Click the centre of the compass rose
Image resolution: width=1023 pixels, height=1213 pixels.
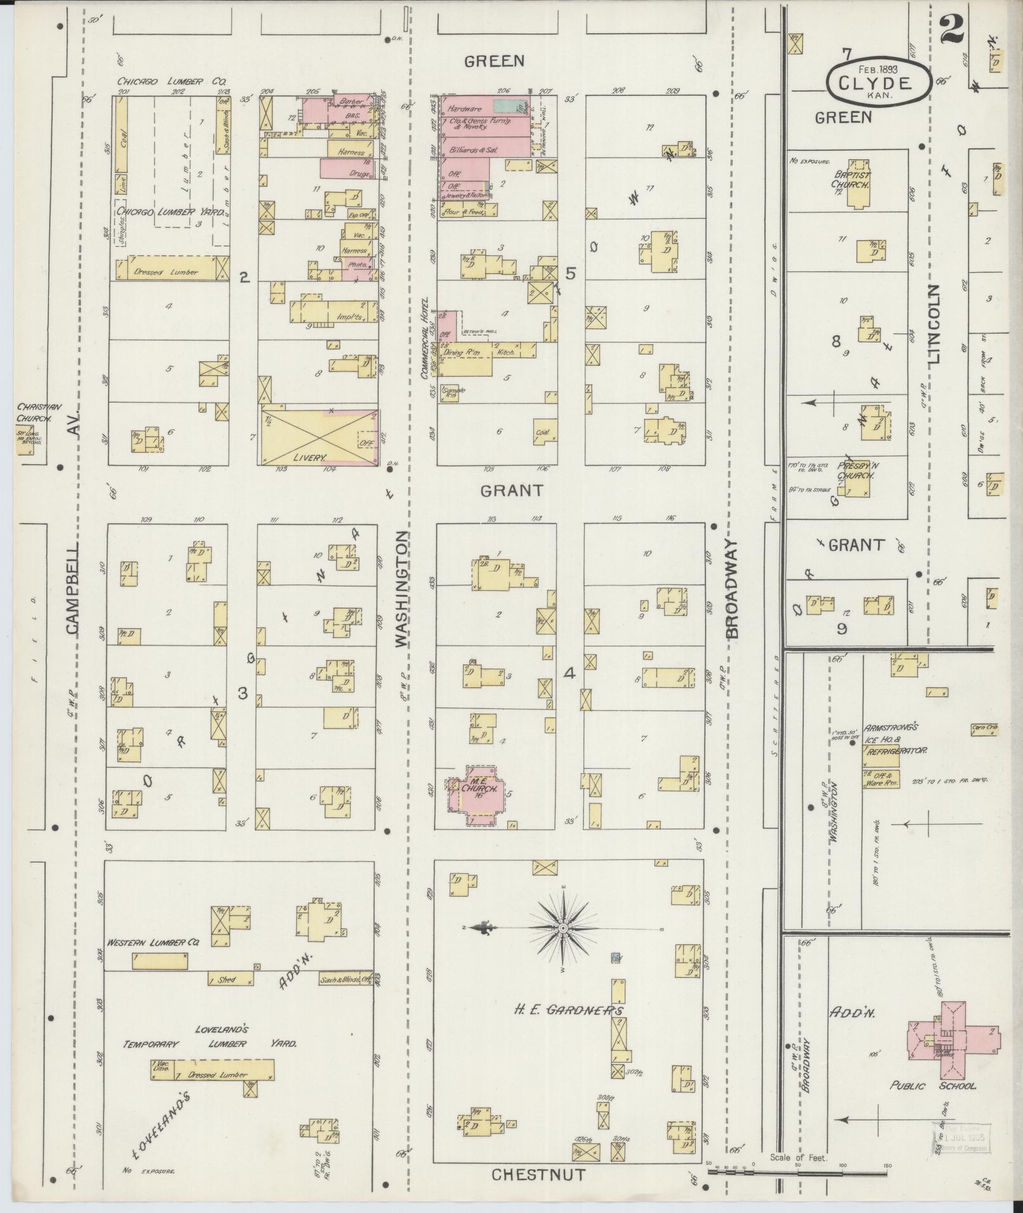[x=563, y=928]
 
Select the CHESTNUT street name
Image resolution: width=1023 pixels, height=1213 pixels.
[x=538, y=1175]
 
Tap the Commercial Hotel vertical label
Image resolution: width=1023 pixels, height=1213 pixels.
[x=426, y=338]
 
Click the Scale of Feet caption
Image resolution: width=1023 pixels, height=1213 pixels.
[x=798, y=1158]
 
